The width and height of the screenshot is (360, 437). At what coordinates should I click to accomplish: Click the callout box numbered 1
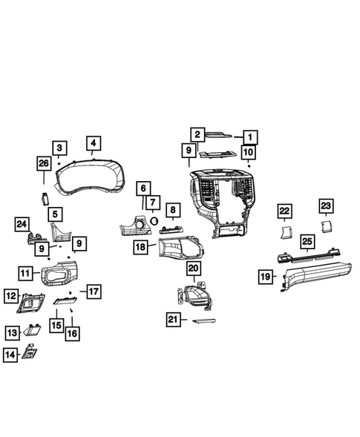tap(250, 137)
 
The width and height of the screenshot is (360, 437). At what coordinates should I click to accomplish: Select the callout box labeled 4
tap(93, 144)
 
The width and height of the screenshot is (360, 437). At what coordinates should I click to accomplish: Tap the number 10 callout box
tap(249, 154)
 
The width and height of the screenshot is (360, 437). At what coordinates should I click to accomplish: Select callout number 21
tap(174, 319)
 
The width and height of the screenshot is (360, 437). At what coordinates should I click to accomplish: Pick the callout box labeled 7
tap(152, 203)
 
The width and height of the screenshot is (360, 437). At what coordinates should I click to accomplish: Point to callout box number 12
tap(10, 296)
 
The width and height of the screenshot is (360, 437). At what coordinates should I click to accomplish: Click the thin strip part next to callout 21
tap(204, 321)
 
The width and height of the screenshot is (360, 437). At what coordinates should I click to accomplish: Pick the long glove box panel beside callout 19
tap(312, 277)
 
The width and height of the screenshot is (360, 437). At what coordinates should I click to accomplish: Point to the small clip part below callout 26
tap(44, 197)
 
